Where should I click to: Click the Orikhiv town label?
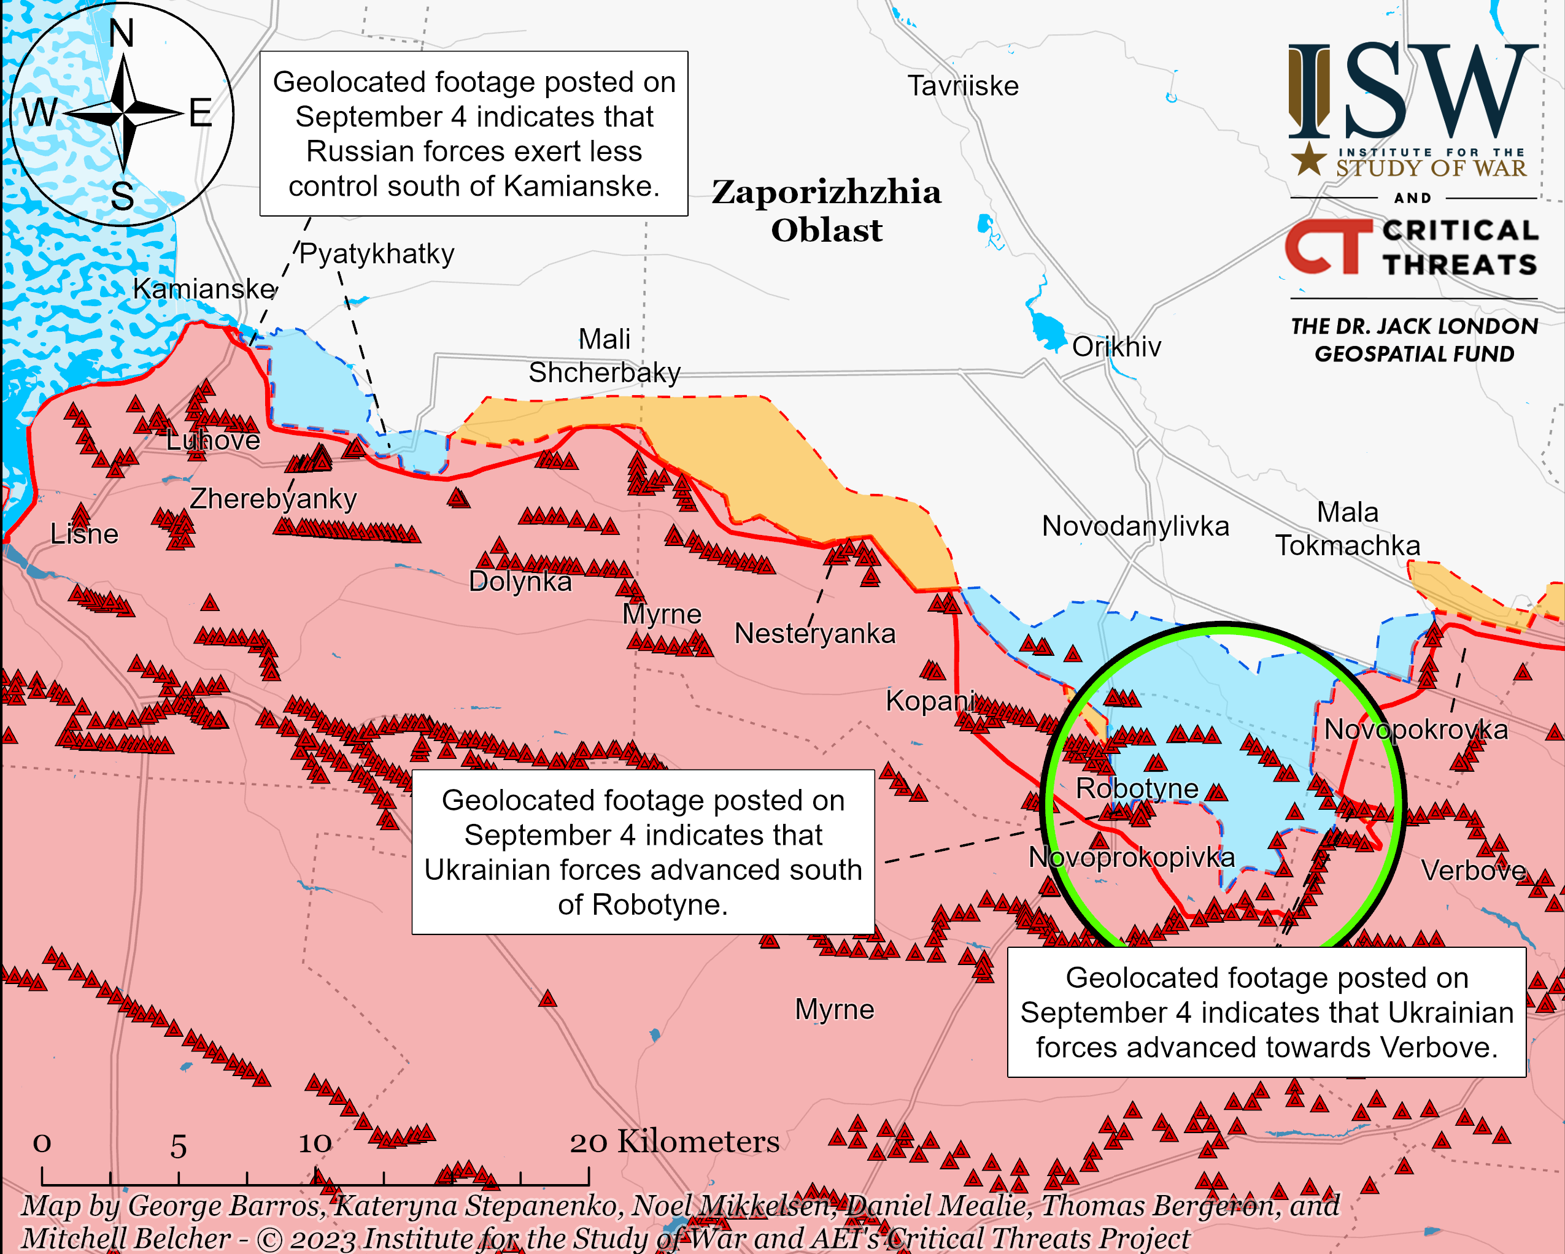[x=1116, y=347]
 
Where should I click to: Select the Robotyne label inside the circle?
[x=1137, y=788]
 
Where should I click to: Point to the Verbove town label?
[x=1474, y=870]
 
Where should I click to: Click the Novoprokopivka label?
[x=1131, y=857]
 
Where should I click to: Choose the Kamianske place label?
[x=204, y=289]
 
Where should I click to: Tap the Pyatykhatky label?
[x=377, y=254]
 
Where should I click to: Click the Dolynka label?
[x=520, y=581]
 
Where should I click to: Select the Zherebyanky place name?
[x=273, y=499]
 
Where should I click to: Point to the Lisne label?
[x=84, y=534]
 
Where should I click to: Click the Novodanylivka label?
[x=1135, y=526]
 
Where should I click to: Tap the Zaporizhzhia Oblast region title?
[x=826, y=210]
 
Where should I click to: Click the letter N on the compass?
[x=122, y=33]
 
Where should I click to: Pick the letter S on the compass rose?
[x=123, y=196]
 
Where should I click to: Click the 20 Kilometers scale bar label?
[x=674, y=1142]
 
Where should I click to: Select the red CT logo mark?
[x=1327, y=247]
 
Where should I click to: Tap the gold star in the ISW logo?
[x=1308, y=159]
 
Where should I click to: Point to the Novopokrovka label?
[x=1415, y=729]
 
